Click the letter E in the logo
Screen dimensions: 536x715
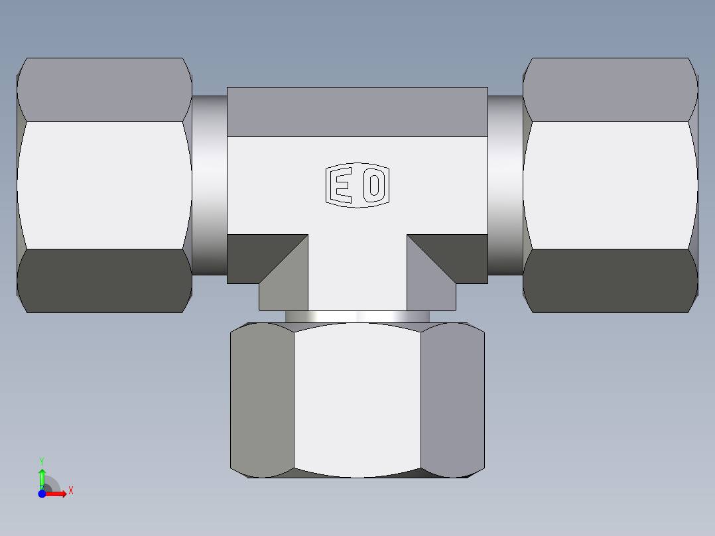[x=341, y=186]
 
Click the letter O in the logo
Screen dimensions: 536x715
[x=373, y=186]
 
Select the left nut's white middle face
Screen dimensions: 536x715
[x=104, y=185]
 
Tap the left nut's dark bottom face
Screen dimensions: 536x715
[x=104, y=281]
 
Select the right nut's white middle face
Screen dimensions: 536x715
[x=610, y=185]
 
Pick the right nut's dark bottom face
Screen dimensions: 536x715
[x=610, y=281]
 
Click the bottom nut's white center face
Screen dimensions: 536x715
[x=357, y=401]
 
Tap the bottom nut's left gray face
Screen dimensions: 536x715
[x=262, y=401]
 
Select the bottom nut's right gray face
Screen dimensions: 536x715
[x=452, y=401]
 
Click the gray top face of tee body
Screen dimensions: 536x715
[x=357, y=111]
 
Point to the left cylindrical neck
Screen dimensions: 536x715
[x=210, y=185]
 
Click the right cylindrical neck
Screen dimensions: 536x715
[x=505, y=185]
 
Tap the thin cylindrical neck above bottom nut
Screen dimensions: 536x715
[x=357, y=316]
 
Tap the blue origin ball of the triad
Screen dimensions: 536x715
[x=42, y=494]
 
